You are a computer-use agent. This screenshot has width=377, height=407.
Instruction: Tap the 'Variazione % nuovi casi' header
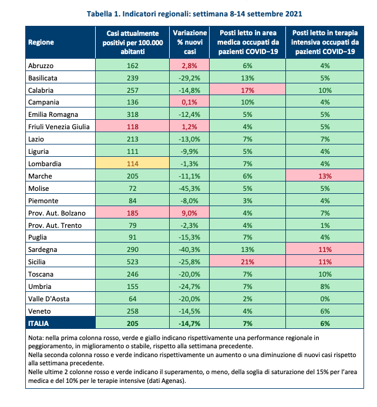click(189, 42)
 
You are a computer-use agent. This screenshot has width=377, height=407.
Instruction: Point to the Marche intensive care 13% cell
click(325, 176)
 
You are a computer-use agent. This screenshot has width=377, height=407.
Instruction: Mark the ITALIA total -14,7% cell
click(189, 323)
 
